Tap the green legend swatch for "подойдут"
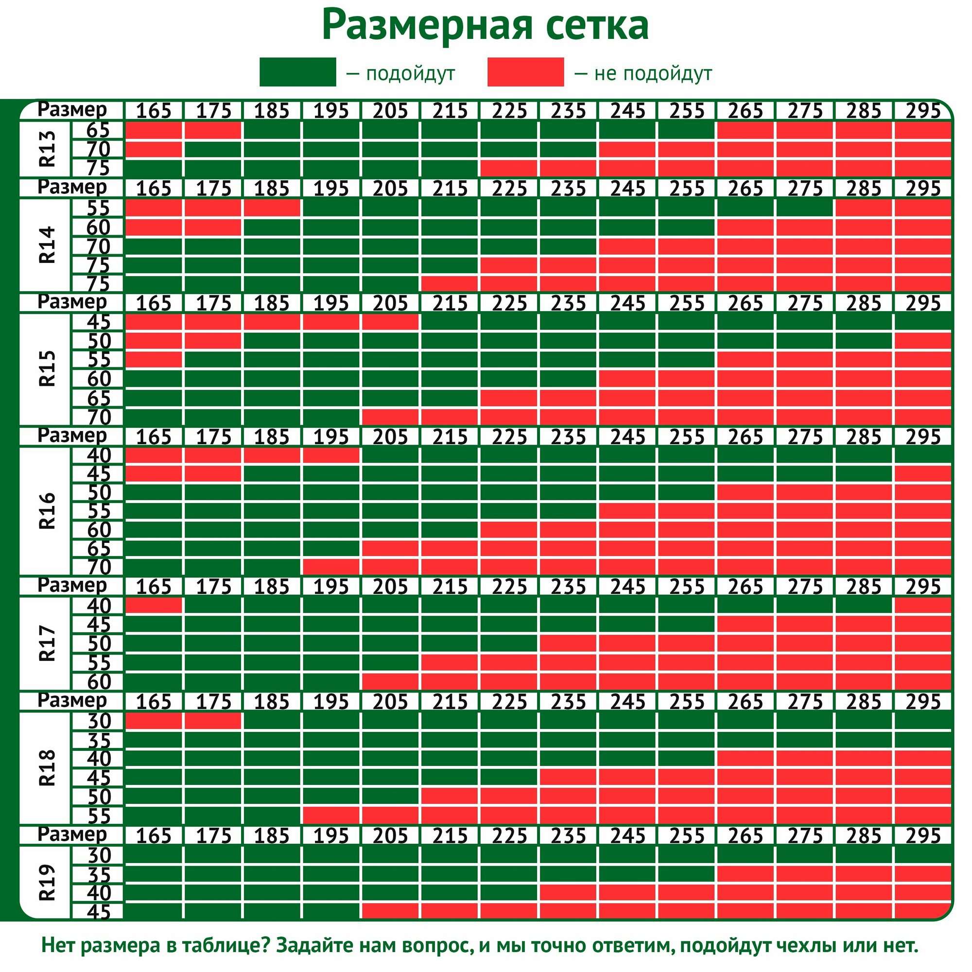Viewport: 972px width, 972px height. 297,72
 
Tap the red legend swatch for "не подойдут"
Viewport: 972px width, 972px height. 525,72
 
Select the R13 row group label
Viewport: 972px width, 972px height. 46,149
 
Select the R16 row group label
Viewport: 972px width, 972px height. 46,511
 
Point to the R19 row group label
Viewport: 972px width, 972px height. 46,883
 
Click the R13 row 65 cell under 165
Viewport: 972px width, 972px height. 154,130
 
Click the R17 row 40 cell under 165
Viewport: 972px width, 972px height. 154,605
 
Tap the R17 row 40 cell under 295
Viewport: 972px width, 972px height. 923,605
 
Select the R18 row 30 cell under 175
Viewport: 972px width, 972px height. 213,721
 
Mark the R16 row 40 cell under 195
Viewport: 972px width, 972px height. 331,455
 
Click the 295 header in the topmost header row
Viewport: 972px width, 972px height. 923,111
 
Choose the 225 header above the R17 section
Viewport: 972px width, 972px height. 509,587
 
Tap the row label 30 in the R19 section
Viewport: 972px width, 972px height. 99,855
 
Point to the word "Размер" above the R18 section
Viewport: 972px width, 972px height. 72,700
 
